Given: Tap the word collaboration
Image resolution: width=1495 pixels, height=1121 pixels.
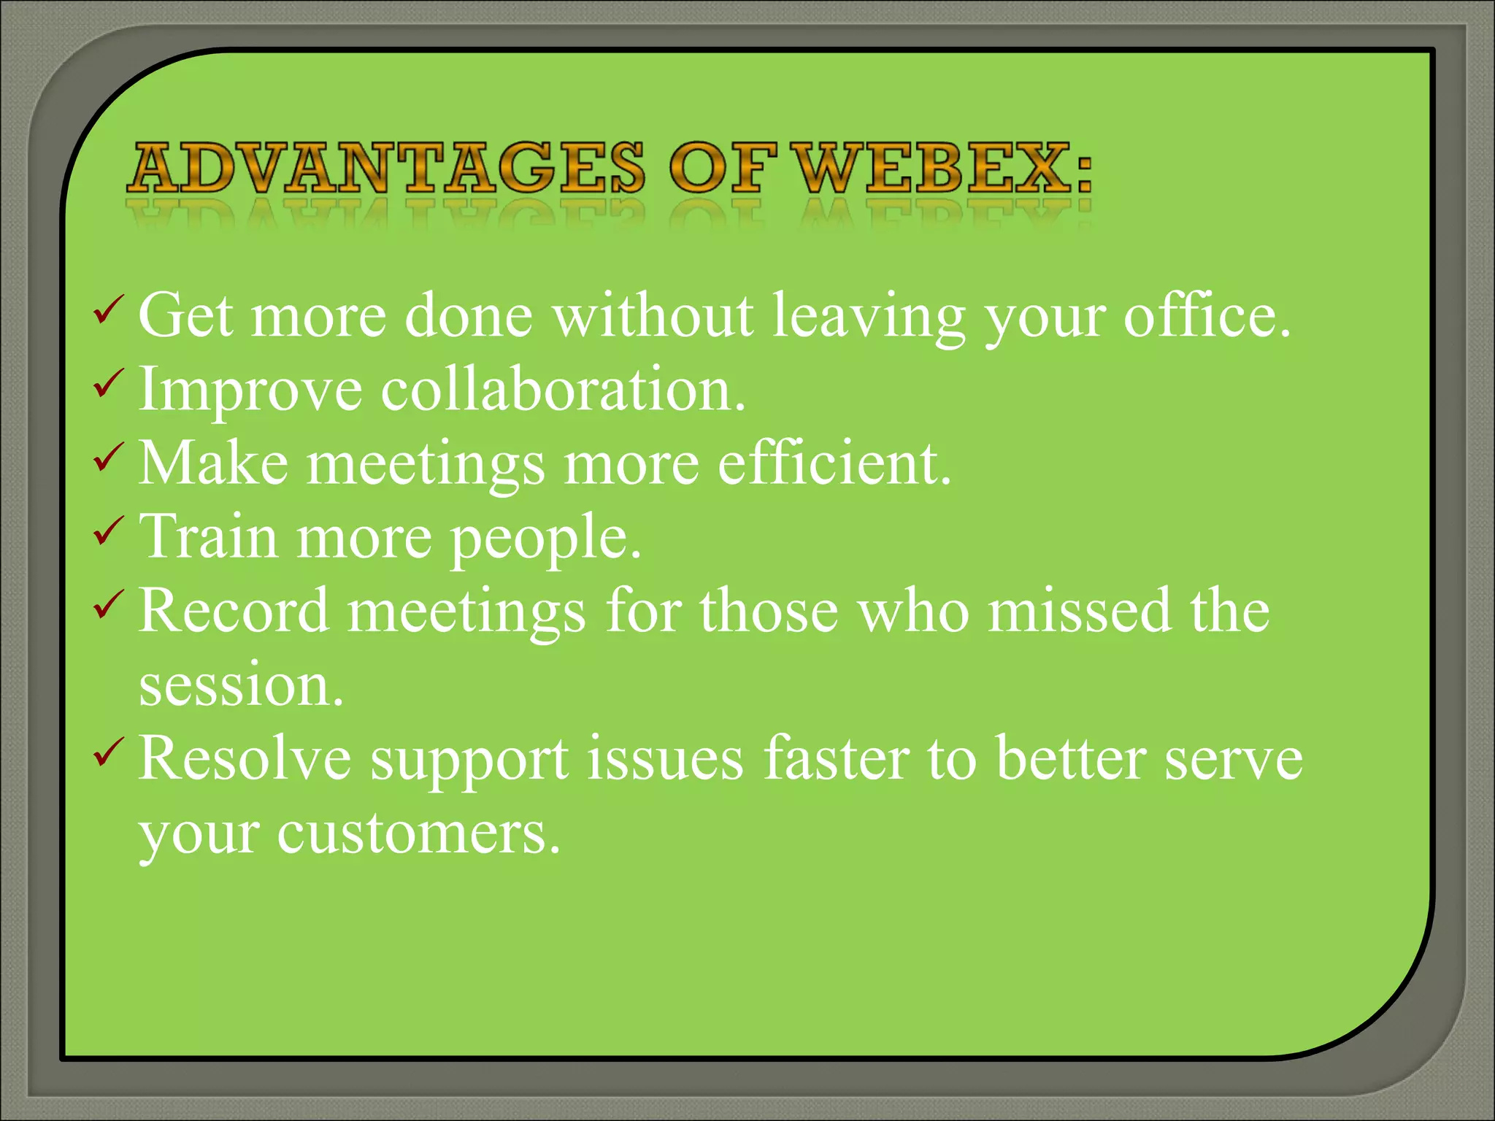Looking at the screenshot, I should (x=563, y=390).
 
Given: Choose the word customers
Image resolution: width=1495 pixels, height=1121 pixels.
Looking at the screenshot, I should (x=418, y=835).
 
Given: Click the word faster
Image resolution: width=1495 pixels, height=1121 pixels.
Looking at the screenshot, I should (x=837, y=759).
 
